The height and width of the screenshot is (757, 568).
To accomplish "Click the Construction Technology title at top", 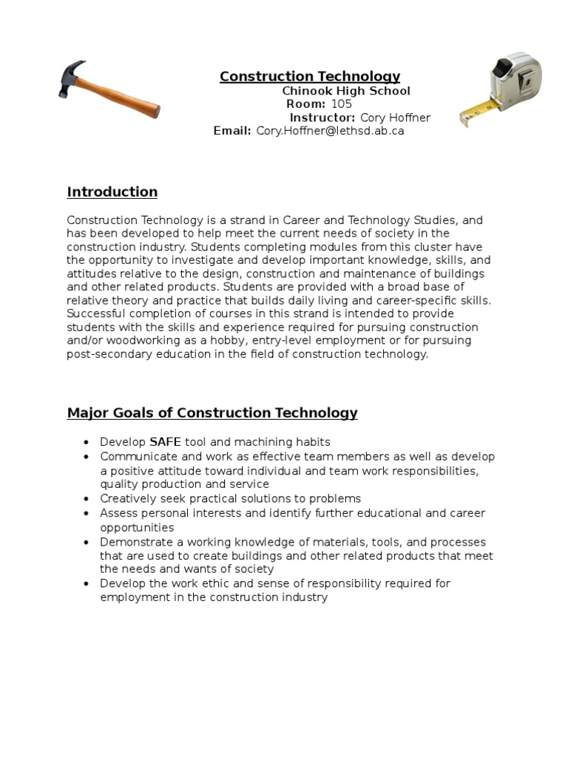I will pyautogui.click(x=310, y=76).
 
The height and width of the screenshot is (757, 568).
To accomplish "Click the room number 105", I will pyautogui.click(x=341, y=104).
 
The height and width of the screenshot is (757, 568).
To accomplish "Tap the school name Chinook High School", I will pyautogui.click(x=346, y=91).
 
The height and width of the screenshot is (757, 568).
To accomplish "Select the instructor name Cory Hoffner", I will pyautogui.click(x=395, y=118).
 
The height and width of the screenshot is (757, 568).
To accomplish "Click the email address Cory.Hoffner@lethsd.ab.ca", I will pyautogui.click(x=330, y=131).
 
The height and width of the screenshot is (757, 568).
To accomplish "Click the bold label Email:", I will pyautogui.click(x=232, y=131).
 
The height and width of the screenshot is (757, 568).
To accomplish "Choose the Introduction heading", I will pyautogui.click(x=112, y=192).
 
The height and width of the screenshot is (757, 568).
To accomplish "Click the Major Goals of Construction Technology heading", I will pyautogui.click(x=212, y=413).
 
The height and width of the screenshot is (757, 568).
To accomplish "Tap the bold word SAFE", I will pyautogui.click(x=165, y=442).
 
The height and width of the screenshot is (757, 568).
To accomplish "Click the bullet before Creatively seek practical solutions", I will pyautogui.click(x=86, y=499).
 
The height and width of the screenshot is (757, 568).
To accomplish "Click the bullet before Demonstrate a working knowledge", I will pyautogui.click(x=86, y=542).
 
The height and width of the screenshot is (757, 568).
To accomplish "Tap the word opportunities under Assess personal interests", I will pyautogui.click(x=137, y=527).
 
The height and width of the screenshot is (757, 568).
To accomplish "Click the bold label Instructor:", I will pyautogui.click(x=322, y=118).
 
